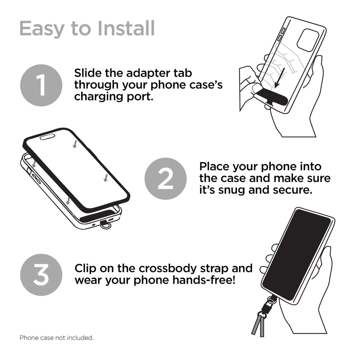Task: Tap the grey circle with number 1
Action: point(41,85)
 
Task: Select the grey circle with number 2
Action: point(166,179)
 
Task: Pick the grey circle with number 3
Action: point(41,275)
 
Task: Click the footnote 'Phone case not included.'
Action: point(56,338)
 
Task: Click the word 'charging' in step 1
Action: point(99,96)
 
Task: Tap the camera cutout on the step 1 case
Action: point(308,40)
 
